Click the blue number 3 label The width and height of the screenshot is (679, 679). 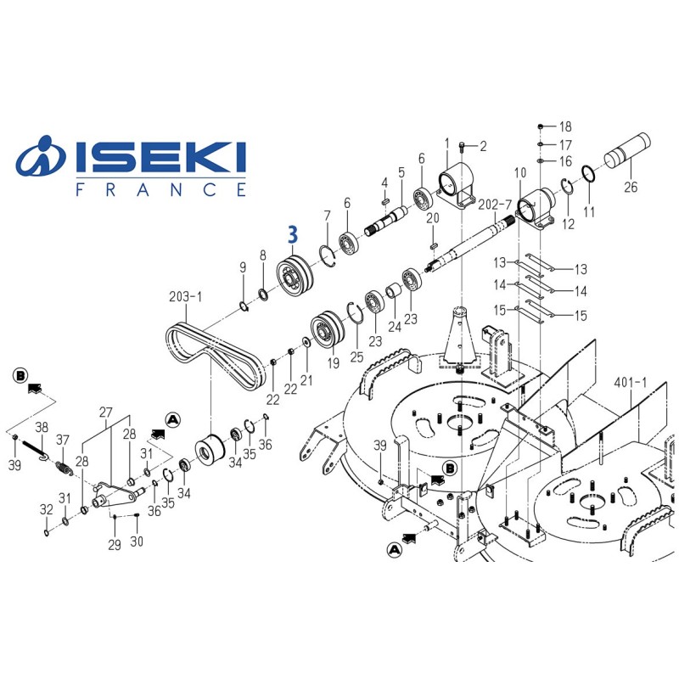tap(293, 233)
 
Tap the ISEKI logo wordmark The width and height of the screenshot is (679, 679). tap(161, 158)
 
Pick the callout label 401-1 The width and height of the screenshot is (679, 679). tap(630, 383)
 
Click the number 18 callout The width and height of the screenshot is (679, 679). tap(565, 126)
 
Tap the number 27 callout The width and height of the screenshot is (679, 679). tap(106, 412)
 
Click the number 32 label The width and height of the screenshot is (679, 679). tap(45, 509)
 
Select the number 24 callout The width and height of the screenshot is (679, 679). tap(393, 327)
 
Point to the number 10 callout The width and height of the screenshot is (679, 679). tap(520, 173)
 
